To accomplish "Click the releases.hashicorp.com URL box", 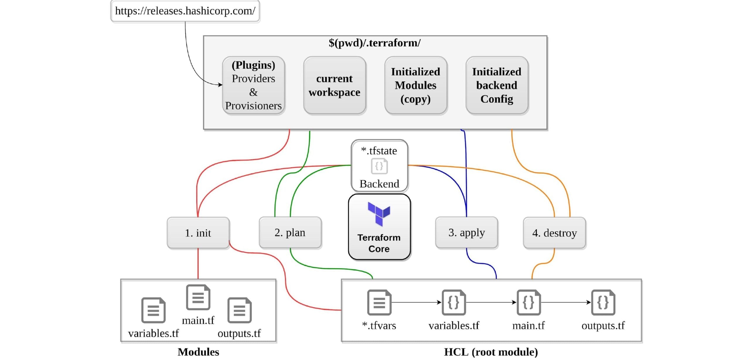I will tap(185, 11).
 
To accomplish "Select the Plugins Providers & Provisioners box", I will tap(253, 85).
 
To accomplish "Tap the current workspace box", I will tap(334, 85).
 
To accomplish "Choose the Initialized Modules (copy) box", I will tap(415, 85).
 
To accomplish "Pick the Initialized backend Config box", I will tap(497, 85).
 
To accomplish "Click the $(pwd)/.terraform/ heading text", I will tap(374, 43).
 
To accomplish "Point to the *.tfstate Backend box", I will tap(379, 166).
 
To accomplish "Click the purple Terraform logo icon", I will tap(379, 214).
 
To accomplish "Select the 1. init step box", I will tap(198, 233).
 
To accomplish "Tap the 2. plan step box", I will tap(290, 233).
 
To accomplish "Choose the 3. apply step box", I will tap(466, 233).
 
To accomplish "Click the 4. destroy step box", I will tap(554, 233).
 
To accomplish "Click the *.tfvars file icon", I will tap(379, 302).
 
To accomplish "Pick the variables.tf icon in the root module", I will tap(454, 302).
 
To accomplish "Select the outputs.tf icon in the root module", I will tap(603, 302).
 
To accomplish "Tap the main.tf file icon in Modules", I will tap(198, 297).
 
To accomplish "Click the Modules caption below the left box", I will tap(198, 352).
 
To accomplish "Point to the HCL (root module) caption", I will tap(491, 352).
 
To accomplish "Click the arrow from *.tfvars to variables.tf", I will tap(416, 302).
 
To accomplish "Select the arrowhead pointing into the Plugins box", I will tap(220, 85).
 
